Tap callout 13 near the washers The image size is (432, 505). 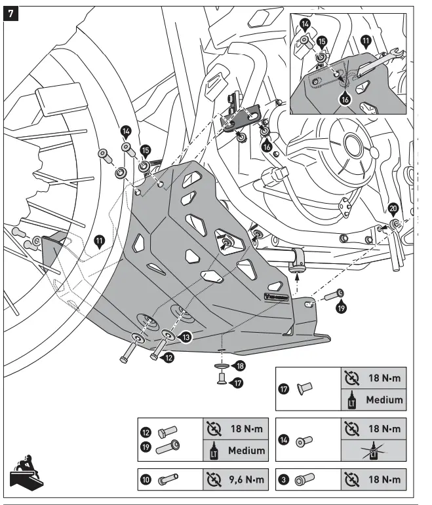point(186,337)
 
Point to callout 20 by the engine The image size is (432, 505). point(393,208)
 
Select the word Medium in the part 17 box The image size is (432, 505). point(383,398)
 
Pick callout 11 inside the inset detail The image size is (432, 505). point(366,41)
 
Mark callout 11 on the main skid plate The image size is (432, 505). point(100,241)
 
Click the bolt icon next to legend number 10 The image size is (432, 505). point(170,480)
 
